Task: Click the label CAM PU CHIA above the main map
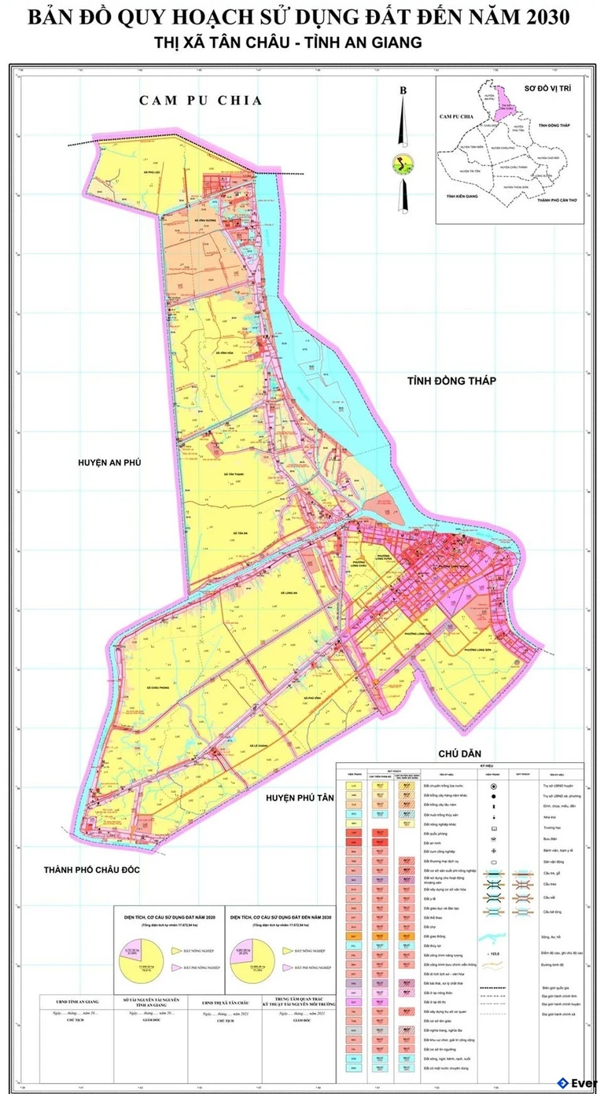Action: [200, 100]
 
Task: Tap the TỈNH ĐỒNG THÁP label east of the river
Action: [452, 381]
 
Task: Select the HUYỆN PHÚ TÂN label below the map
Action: [300, 797]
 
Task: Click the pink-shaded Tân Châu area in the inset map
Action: [509, 112]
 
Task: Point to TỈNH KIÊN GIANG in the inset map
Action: [460, 196]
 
